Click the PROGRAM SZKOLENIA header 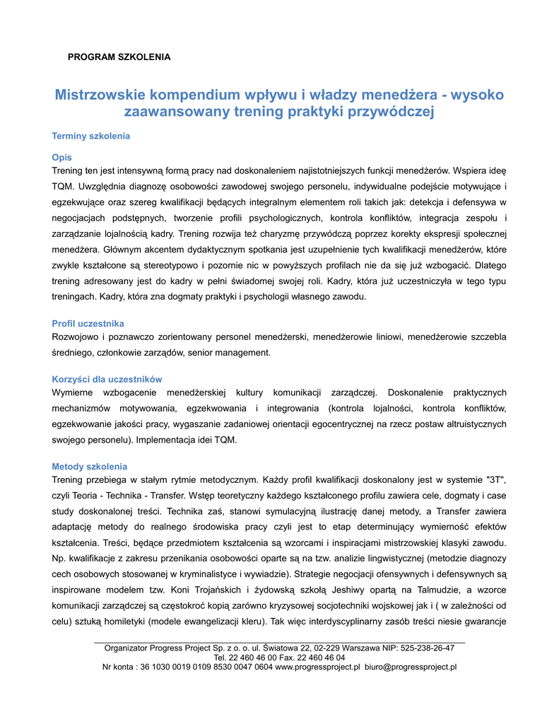119,57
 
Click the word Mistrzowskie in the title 100,95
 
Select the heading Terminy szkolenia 90,136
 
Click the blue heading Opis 62,158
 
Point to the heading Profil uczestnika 88,323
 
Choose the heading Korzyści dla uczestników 107,379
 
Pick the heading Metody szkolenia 90,467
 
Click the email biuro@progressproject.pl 411,666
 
